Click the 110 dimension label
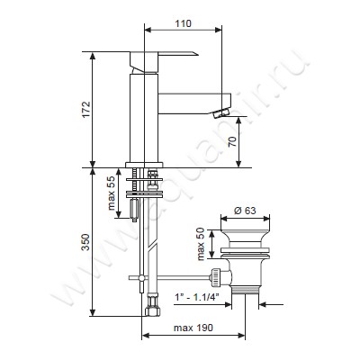[x=182, y=23]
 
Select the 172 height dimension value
[x=86, y=110]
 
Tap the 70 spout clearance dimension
[x=233, y=141]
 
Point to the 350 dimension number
[x=86, y=242]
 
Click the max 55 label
[x=112, y=193]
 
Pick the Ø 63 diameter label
[x=245, y=211]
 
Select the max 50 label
[x=201, y=244]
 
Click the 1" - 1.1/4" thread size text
[x=197, y=297]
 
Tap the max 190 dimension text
[x=193, y=328]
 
